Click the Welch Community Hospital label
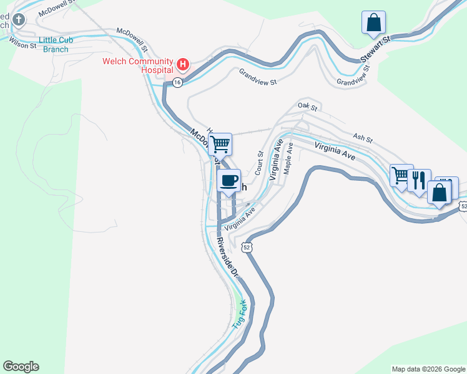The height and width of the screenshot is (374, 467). click(138, 65)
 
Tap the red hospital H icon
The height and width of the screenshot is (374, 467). click(183, 64)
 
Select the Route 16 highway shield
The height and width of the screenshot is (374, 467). click(178, 82)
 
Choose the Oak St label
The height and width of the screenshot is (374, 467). click(308, 108)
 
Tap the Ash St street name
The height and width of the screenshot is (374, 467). click(362, 137)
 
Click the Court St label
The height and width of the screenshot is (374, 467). click(259, 162)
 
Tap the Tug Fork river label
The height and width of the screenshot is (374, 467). click(240, 314)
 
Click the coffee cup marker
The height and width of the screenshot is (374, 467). click(229, 181)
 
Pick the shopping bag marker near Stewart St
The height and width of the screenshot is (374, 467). click(373, 22)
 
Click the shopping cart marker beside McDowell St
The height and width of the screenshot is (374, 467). click(220, 145)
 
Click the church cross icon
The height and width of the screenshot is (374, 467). click(19, 20)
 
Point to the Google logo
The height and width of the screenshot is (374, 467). click(21, 367)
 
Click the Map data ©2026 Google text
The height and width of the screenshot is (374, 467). click(428, 369)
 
